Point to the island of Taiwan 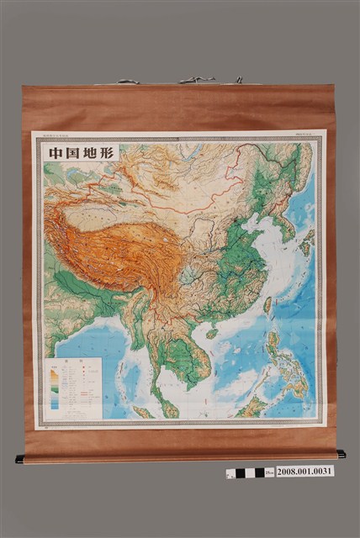click(x=267, y=305)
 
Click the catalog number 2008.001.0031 click(x=305, y=471)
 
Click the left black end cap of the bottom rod click(x=19, y=459)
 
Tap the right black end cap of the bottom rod click(x=341, y=454)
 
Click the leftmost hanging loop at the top click(x=128, y=82)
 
